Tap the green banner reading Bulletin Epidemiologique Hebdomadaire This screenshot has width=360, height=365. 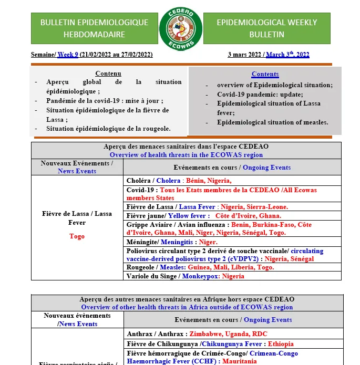click(94, 28)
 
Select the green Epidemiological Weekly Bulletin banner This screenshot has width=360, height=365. click(267, 28)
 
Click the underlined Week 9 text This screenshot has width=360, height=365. click(68, 55)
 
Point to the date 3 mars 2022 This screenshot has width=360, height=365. click(245, 55)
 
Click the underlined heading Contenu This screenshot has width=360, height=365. click(108, 74)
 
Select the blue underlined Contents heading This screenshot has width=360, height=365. click(265, 74)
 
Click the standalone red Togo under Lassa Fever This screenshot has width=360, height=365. click(77, 236)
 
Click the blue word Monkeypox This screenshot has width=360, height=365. click(201, 276)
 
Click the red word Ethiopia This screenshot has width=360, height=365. click(281, 344)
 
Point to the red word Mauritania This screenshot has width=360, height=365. click(239, 361)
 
